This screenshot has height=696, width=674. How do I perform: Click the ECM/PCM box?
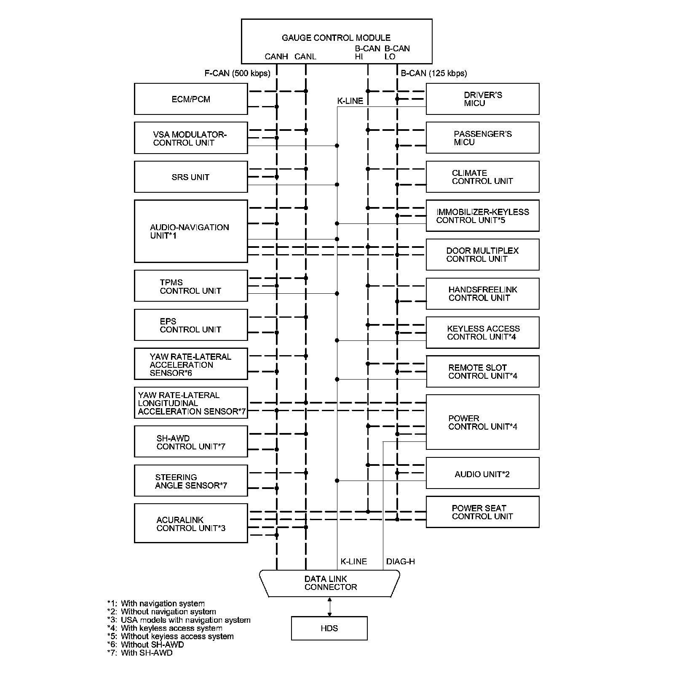click(x=190, y=99)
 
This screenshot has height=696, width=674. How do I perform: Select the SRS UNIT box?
click(x=190, y=177)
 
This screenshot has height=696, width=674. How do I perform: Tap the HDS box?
click(x=329, y=628)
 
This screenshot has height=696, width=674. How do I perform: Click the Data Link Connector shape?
click(x=330, y=583)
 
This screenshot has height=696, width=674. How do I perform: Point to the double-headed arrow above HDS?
click(x=329, y=607)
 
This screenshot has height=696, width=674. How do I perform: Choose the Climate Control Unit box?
click(x=482, y=177)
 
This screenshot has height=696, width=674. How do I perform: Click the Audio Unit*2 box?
click(x=482, y=473)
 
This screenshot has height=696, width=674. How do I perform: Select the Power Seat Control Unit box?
click(x=482, y=512)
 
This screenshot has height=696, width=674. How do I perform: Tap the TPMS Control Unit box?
click(x=190, y=286)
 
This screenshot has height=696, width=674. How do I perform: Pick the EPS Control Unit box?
click(x=190, y=325)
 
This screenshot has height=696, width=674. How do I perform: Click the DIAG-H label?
click(x=400, y=561)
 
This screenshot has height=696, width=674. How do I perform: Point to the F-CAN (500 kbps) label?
click(x=237, y=73)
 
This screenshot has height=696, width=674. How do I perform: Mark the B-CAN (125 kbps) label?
click(x=433, y=73)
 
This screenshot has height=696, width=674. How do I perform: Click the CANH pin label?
click(x=276, y=56)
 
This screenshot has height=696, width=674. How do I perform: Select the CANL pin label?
click(x=305, y=56)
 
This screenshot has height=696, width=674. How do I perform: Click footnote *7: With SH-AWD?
click(x=140, y=653)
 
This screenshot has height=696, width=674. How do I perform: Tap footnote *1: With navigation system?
click(x=156, y=603)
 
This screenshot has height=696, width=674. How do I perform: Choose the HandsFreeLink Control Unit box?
click(x=482, y=294)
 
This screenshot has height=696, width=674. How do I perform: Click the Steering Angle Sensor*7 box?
click(x=190, y=481)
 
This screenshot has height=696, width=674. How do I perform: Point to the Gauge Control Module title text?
click(x=336, y=37)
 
